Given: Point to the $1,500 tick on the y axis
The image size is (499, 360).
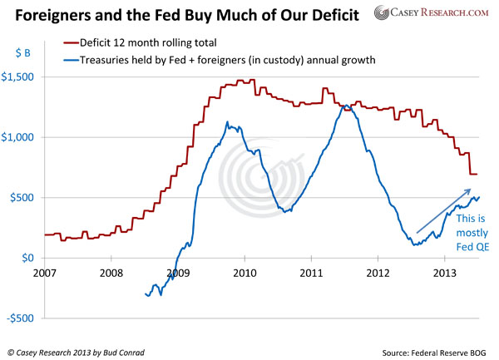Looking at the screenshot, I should [x=24, y=77].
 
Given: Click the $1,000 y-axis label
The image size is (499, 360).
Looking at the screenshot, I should [x=24, y=138].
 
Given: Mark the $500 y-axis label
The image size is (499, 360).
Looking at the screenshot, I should [x=27, y=198].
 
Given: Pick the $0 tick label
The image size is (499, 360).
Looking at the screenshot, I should [x=32, y=259].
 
